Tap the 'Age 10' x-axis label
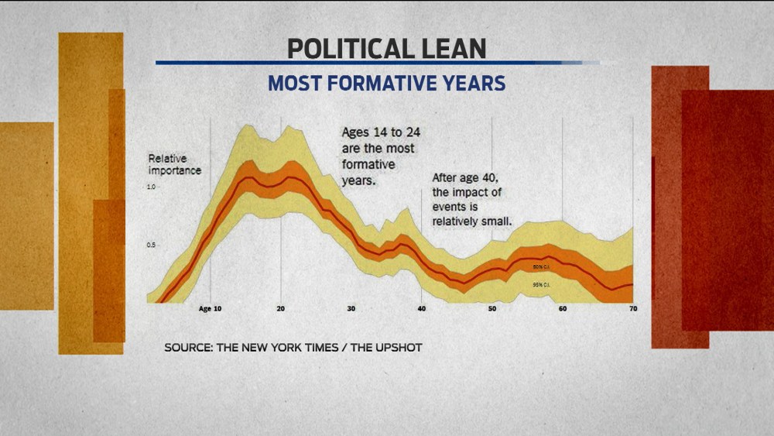point(210,309)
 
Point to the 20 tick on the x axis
point(280,309)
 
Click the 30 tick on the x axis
point(351,309)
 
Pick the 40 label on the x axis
point(421,309)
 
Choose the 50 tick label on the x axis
point(491,309)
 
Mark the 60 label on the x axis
point(562,309)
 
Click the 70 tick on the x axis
point(632,309)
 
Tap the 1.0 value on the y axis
point(152,187)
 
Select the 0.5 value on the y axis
point(152,245)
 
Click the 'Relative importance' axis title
point(174,164)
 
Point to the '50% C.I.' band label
point(541,267)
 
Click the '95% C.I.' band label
point(541,286)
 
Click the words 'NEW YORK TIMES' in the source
point(292,348)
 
